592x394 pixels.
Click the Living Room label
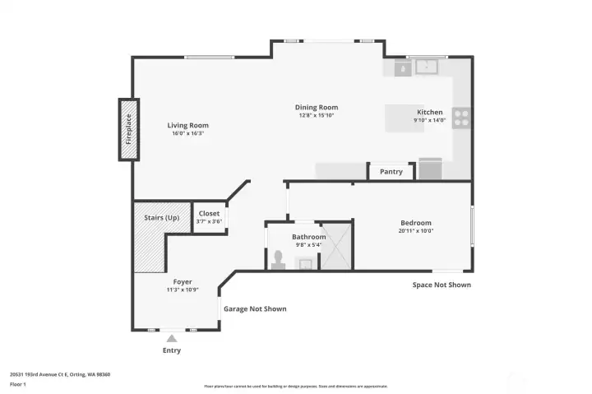pos(187,126)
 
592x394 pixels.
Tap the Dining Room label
pos(317,108)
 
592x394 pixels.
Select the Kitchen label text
pos(430,112)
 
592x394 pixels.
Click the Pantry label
pos(391,172)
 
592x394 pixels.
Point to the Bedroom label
pos(416,223)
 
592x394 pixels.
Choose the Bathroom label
pos(309,237)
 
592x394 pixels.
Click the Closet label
pos(209,214)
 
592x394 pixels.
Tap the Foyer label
pos(182,281)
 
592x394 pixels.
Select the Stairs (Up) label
pos(161,217)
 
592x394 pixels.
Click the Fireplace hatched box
pos(128,129)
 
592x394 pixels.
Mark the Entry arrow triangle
pos(171,337)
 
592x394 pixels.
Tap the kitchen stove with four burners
pos(461,118)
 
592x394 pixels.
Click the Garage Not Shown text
pos(255,309)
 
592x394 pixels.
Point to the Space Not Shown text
pos(442,285)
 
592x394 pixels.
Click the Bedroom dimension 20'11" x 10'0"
pos(416,231)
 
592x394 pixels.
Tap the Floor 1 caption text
pos(18,384)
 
